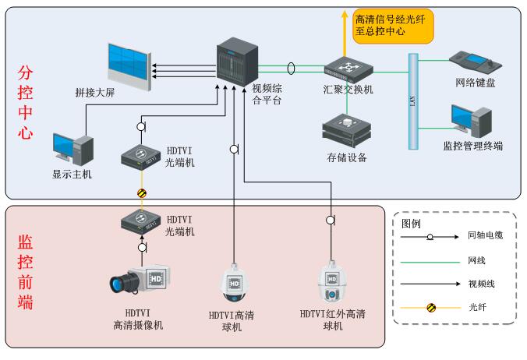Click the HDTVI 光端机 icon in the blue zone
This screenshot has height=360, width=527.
(x=141, y=157)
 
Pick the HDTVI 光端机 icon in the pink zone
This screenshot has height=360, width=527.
(x=141, y=222)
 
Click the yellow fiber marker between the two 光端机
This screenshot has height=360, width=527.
(x=142, y=192)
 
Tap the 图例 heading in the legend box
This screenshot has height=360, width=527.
(x=411, y=222)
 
